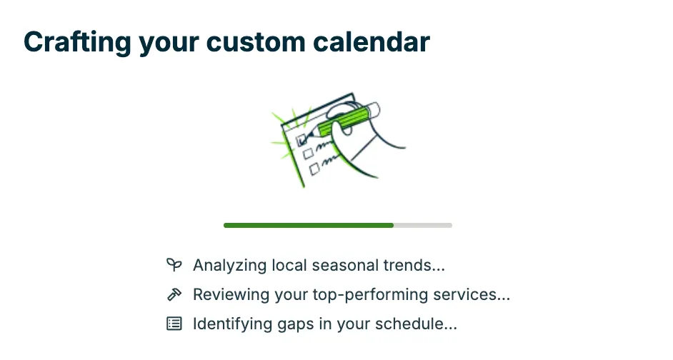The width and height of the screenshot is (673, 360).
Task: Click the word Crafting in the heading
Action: coord(77,43)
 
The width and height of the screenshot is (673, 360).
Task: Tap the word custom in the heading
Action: coord(256,43)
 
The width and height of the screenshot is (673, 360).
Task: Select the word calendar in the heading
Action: coord(372,42)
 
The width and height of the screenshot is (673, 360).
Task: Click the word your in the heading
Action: coord(169,44)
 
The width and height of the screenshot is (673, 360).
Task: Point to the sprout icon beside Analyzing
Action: coord(174,265)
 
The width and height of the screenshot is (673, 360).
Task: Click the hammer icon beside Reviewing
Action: coord(174,294)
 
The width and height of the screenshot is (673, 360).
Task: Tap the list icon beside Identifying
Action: coord(174,324)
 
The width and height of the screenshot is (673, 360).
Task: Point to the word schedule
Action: coord(416,324)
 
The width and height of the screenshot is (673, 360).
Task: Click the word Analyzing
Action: coord(229,266)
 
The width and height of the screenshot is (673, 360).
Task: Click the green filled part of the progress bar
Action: coord(309,225)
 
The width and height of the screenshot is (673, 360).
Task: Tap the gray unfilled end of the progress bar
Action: coord(423,225)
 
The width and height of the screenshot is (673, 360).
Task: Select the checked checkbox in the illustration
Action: coord(301,139)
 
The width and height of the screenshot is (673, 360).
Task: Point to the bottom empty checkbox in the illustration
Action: coord(314,169)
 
